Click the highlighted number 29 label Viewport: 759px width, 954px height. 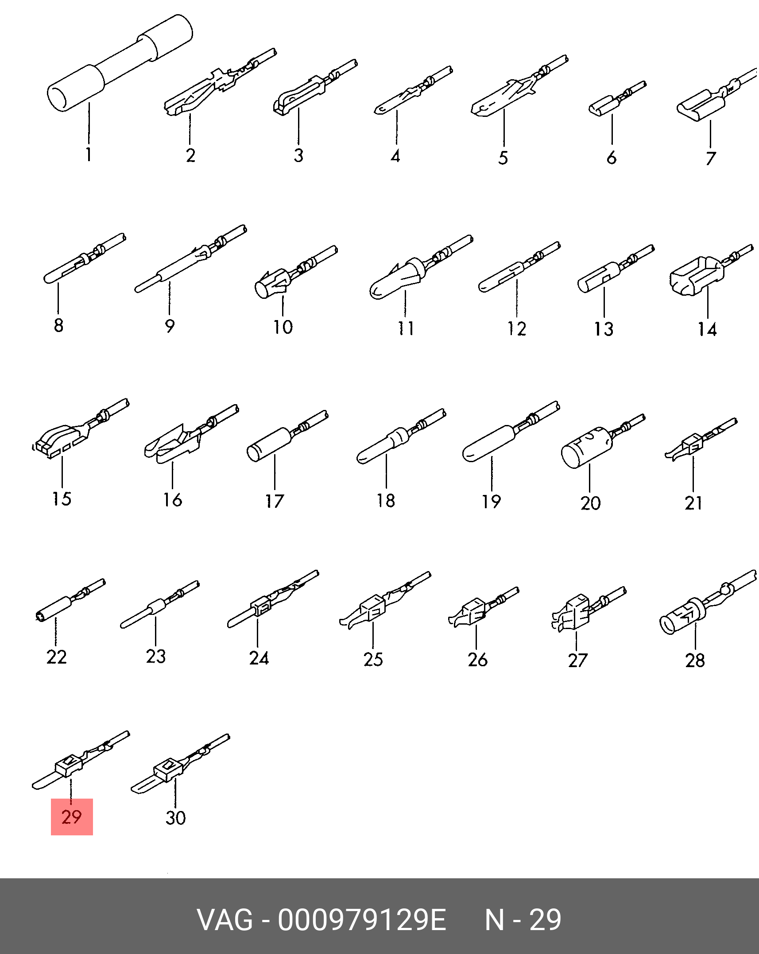pos(72,817)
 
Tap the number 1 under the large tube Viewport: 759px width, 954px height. pos(89,154)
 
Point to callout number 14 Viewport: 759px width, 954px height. pos(707,329)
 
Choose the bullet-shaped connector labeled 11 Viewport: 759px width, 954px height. pos(421,267)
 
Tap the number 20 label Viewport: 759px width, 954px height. pos(591,503)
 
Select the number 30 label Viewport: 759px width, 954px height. pos(176,818)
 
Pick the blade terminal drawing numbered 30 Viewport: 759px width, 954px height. pos(180,765)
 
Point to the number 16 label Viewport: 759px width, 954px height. pos(172,500)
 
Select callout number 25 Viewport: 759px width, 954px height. pos(373,659)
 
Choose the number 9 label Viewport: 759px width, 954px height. pos(170,326)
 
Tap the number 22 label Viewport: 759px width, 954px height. pos(57,657)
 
